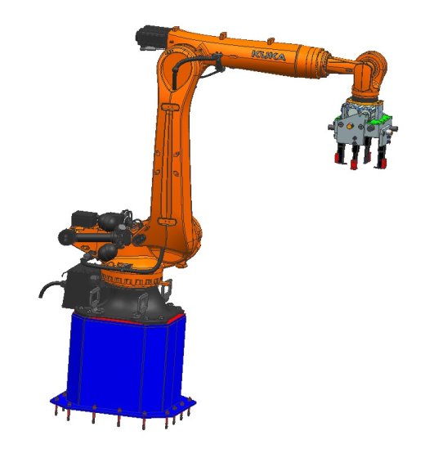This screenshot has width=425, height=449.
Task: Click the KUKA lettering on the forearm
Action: pos(268,56)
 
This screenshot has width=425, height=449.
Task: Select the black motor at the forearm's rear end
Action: pos(152,38)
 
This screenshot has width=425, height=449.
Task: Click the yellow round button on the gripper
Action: pos(349,126)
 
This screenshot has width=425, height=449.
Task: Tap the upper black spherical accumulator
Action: pos(108,221)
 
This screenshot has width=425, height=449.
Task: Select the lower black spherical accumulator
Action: pos(107,252)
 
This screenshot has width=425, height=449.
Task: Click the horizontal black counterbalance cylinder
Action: pos(92,237)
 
